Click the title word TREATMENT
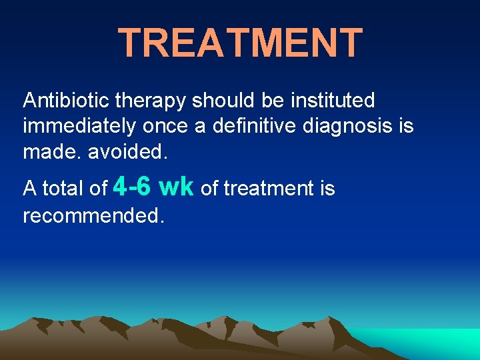coord(240,43)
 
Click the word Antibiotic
coord(66,101)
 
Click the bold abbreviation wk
coord(177,187)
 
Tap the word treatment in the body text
coord(269,189)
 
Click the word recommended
coord(93,215)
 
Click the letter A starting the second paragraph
coord(30,189)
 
